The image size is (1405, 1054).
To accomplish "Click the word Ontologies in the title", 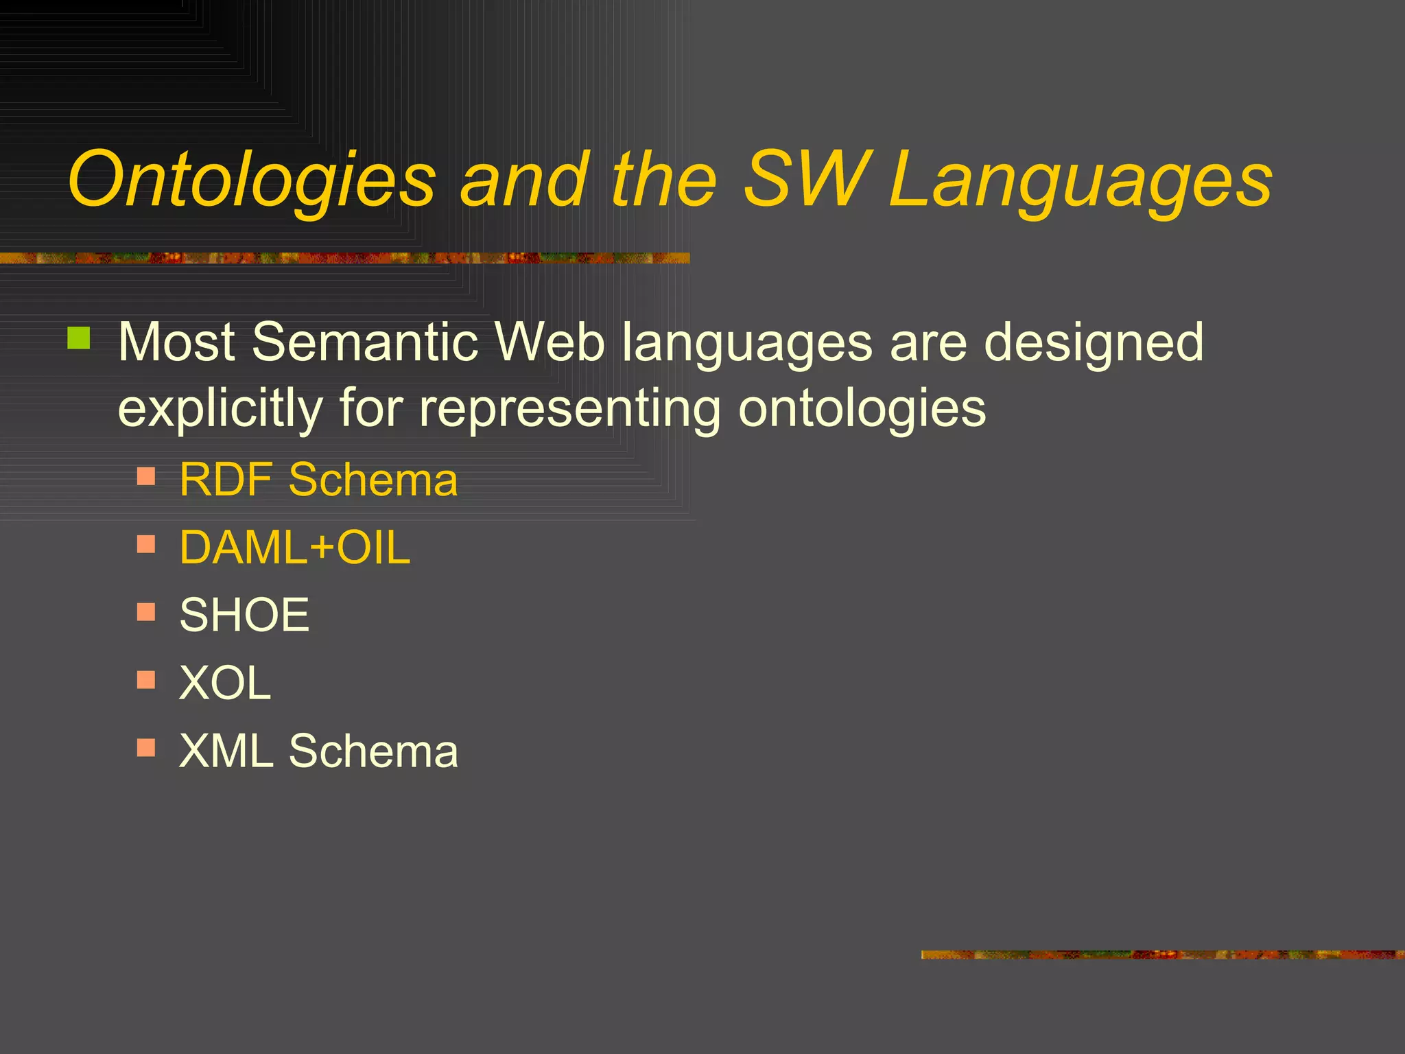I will [251, 180].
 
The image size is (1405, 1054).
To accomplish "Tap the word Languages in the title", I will [1080, 180].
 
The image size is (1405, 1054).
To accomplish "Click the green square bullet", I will [79, 338].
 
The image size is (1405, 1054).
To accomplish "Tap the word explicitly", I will [220, 408].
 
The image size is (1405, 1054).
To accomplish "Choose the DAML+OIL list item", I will [294, 548].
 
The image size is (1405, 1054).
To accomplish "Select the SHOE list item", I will [244, 615].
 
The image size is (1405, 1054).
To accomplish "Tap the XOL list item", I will [225, 683].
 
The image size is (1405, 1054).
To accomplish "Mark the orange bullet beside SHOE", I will [146, 611].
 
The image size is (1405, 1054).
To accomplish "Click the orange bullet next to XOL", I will [146, 679].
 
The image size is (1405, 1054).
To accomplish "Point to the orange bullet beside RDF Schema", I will [146, 476].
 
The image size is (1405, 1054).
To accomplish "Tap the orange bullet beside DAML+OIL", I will [146, 544].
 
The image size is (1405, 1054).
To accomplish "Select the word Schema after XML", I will [373, 750].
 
